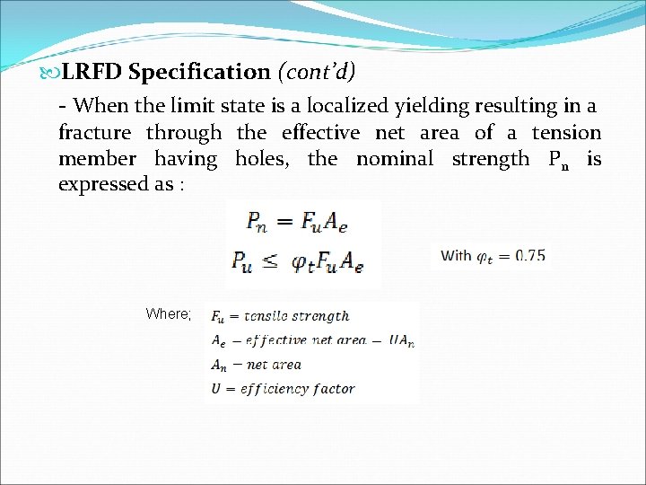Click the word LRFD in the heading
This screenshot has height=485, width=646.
(93, 72)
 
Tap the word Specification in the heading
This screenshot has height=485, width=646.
(199, 72)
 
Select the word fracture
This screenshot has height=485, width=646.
(95, 133)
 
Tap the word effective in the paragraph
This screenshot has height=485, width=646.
(320, 133)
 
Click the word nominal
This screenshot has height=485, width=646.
(394, 159)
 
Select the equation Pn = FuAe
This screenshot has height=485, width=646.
(303, 221)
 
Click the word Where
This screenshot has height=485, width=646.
(168, 314)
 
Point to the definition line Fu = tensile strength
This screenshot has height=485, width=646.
(279, 316)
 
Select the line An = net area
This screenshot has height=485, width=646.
(256, 365)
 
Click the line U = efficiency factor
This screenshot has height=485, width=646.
(282, 389)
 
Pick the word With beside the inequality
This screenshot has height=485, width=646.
(456, 256)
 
